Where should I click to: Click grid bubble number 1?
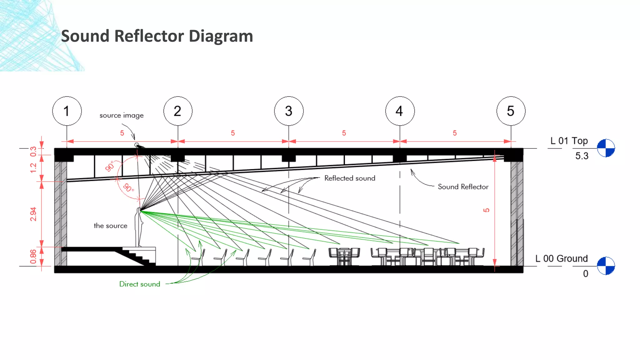point(67,111)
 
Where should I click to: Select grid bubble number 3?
point(289,111)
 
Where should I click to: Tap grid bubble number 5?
point(511,111)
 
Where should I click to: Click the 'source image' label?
point(122,115)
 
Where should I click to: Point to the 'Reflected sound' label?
point(350,178)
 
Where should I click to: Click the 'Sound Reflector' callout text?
point(463,187)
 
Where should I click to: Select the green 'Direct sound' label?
point(140,284)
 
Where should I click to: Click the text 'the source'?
point(110,226)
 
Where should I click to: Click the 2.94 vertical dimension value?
point(33,214)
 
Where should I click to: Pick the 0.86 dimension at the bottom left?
point(33,257)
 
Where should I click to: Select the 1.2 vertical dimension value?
point(33,168)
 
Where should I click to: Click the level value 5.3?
point(582,156)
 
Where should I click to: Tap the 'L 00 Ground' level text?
point(561,259)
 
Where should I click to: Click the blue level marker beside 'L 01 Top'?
point(606,148)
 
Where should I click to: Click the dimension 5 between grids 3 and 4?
point(344,133)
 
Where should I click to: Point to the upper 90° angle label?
point(109,166)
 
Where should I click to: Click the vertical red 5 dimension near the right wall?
point(486,210)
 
